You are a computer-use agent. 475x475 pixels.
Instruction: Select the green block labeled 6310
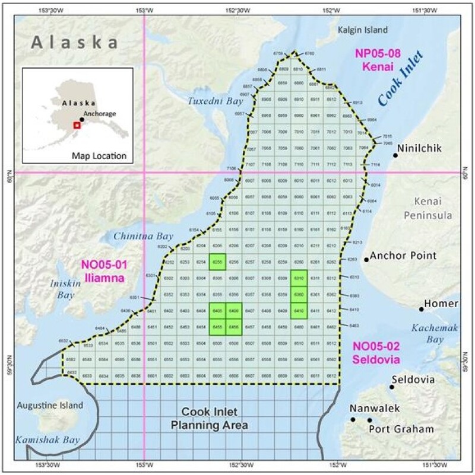pyautogui.click(x=299, y=278)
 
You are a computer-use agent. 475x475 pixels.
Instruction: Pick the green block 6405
pyautogui.click(x=217, y=310)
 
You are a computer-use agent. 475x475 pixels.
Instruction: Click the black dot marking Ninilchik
pyautogui.click(x=395, y=155)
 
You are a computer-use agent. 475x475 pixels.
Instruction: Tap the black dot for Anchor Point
pyautogui.click(x=366, y=259)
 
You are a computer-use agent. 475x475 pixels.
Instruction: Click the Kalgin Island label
pyautogui.click(x=362, y=30)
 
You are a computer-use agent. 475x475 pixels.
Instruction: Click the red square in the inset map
pyautogui.click(x=76, y=125)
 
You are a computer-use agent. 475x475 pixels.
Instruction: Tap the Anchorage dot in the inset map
pyautogui.click(x=82, y=120)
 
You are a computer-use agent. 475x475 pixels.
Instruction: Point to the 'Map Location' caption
pyautogui.click(x=99, y=157)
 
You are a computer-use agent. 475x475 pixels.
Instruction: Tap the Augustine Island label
pyautogui.click(x=49, y=408)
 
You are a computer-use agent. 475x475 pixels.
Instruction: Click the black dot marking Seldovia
pyautogui.click(x=392, y=387)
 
